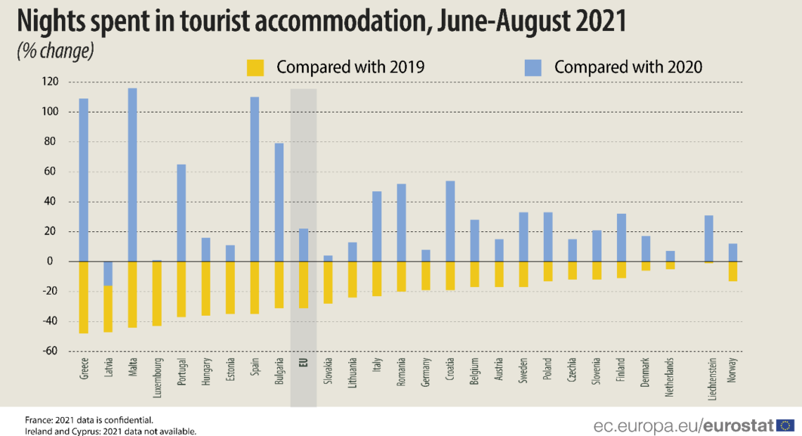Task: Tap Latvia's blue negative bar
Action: [108, 274]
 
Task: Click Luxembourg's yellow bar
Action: [157, 293]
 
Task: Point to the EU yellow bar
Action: [303, 284]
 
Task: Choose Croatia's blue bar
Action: [450, 221]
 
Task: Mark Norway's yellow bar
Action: [732, 271]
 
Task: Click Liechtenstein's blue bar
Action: [708, 238]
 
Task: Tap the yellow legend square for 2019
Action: [255, 68]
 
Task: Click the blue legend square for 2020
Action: [533, 68]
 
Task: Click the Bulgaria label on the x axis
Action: [279, 373]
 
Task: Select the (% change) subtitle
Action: [55, 51]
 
